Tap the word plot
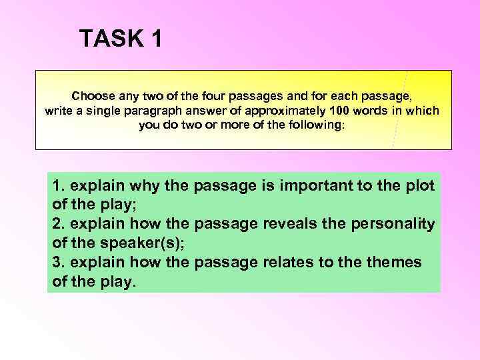[x=419, y=185]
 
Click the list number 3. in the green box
[x=58, y=262]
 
